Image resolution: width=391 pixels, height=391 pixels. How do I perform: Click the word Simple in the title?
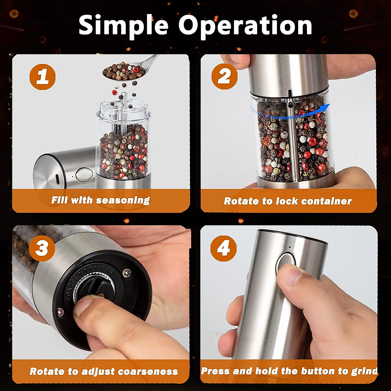pos(123,26)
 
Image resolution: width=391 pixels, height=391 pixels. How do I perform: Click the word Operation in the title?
pos(245,26)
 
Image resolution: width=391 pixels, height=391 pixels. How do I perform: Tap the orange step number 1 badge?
pos(42,77)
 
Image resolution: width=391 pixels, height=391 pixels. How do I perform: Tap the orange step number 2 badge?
pos(224,77)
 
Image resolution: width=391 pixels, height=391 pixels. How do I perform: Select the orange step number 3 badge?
pos(42,248)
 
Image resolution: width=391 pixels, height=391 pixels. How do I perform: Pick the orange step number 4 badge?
pos(224,248)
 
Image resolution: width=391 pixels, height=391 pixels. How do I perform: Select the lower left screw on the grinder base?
pos(60,312)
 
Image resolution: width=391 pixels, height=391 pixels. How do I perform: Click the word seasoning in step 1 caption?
pos(123,201)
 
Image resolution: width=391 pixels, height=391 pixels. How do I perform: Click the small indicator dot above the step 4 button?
pos(290,247)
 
